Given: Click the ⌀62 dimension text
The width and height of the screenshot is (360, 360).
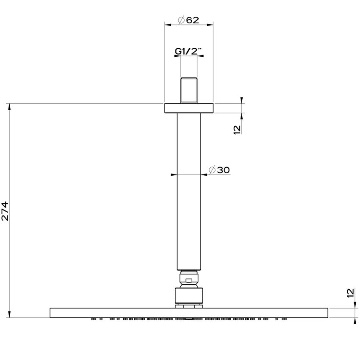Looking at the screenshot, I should click(188, 20).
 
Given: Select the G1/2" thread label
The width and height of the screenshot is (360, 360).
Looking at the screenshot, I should click(188, 52).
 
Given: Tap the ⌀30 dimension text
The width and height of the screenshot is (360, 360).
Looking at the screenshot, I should click(219, 170).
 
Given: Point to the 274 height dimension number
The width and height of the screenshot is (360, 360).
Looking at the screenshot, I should click(5, 210).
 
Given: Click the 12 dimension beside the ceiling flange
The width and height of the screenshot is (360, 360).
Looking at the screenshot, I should click(237, 129).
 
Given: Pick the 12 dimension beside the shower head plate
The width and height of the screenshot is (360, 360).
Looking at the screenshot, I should click(350, 293).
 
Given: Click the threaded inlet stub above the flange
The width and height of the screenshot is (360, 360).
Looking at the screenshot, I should click(189, 90).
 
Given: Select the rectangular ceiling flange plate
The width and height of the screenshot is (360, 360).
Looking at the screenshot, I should click(189, 108).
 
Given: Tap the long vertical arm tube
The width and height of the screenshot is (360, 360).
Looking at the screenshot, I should click(189, 191).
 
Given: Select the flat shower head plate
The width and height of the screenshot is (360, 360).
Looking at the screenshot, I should click(189, 313).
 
